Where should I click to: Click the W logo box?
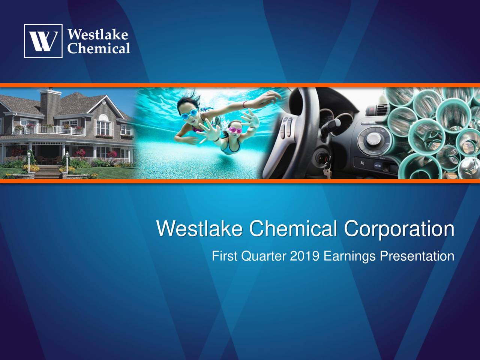(x=43, y=41)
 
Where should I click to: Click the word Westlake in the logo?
(x=98, y=35)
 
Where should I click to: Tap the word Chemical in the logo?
(x=99, y=48)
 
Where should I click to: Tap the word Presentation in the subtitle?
(x=417, y=256)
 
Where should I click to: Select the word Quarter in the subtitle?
(x=264, y=257)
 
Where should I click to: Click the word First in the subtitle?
(x=224, y=256)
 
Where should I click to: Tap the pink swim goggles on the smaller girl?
(x=235, y=130)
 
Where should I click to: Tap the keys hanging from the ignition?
(x=326, y=169)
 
